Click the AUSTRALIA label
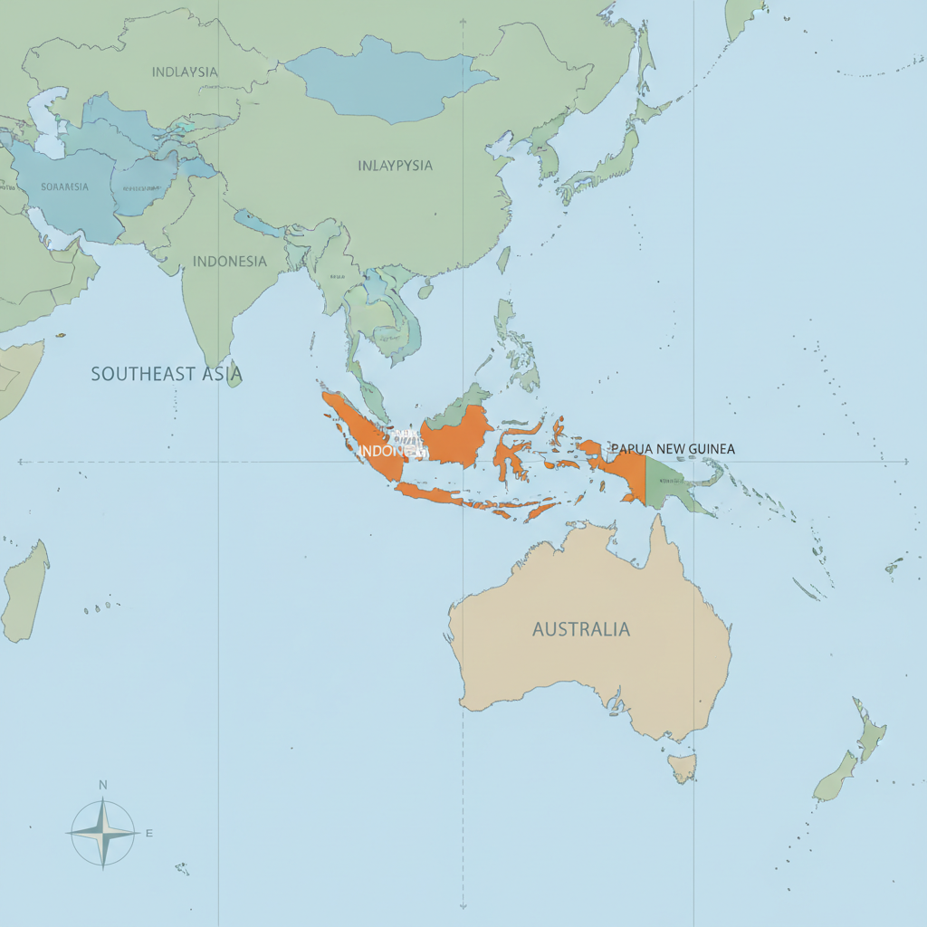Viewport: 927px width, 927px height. click(580, 629)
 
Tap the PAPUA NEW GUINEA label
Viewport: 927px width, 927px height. click(673, 448)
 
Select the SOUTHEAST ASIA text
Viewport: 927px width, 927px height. click(167, 373)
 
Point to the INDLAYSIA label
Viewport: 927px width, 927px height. click(184, 72)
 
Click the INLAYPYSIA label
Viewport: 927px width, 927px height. click(395, 166)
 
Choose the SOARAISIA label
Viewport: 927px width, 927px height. click(65, 186)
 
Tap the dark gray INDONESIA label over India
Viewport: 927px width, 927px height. click(230, 262)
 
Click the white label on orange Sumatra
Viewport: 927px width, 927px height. click(389, 450)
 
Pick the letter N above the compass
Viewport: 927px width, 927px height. click(103, 785)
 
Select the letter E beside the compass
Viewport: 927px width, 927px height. click(149, 833)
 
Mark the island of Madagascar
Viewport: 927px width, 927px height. click(24, 593)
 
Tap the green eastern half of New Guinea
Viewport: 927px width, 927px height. click(674, 484)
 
